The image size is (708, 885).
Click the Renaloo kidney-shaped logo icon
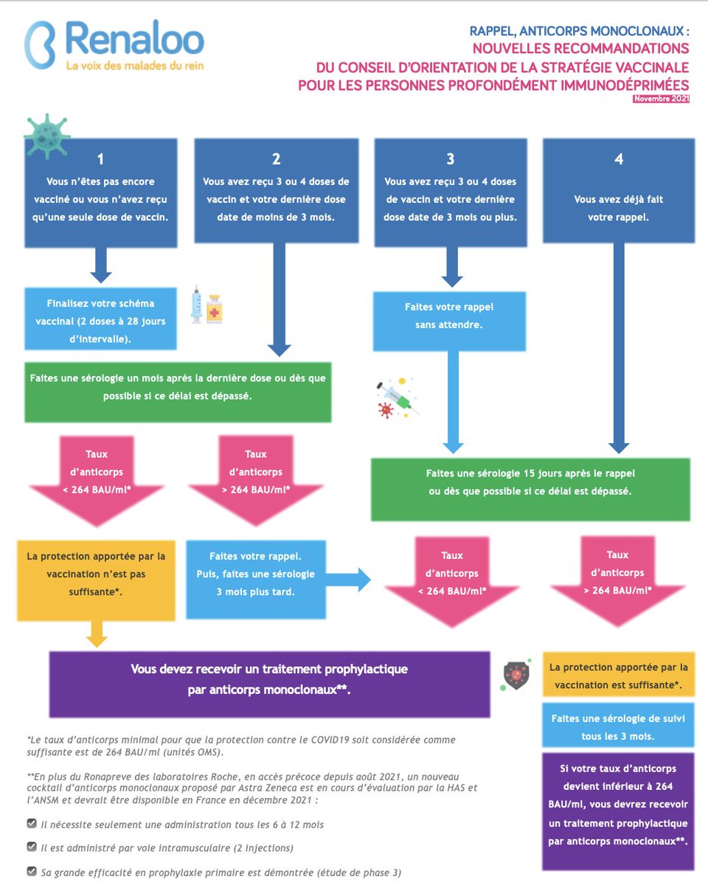(x=40, y=44)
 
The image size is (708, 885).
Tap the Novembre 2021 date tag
(x=661, y=99)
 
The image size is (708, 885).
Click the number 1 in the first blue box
(x=100, y=159)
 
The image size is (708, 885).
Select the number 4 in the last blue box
(x=619, y=159)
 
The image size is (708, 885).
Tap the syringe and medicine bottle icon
(x=206, y=305)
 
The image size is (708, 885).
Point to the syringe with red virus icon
(x=398, y=398)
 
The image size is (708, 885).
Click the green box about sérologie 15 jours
(x=530, y=490)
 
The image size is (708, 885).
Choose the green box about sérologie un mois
(x=178, y=392)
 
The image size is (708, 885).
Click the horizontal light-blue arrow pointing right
(x=348, y=580)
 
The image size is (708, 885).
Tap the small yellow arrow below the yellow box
(x=97, y=634)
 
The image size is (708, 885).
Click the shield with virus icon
(x=516, y=675)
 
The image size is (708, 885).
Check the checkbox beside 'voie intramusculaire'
(x=32, y=847)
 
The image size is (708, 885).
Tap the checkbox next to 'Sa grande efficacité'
(x=32, y=871)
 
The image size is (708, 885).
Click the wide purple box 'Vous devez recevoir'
(x=269, y=684)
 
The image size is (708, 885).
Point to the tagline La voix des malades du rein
(x=135, y=66)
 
